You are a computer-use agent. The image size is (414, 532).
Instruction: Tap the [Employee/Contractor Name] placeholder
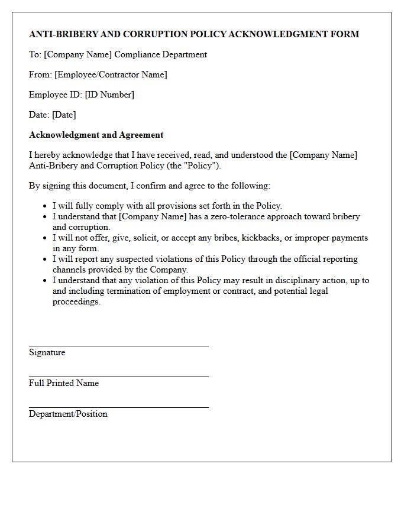point(111,74)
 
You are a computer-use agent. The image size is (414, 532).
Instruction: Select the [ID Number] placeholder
point(109,95)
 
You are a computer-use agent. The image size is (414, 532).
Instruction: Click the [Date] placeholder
point(64,115)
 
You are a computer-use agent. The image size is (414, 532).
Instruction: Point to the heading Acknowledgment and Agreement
point(96,135)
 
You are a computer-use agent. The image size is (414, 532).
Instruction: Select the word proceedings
point(76,301)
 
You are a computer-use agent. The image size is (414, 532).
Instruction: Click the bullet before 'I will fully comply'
point(45,206)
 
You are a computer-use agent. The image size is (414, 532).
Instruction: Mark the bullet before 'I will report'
point(45,259)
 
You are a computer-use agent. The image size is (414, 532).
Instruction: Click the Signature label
point(47,352)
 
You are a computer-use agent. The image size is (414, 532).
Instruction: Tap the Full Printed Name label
point(64,383)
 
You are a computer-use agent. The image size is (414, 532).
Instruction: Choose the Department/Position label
point(68,414)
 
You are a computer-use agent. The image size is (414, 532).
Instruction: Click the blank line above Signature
point(118,346)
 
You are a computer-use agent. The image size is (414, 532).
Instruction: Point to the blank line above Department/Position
point(118,407)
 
